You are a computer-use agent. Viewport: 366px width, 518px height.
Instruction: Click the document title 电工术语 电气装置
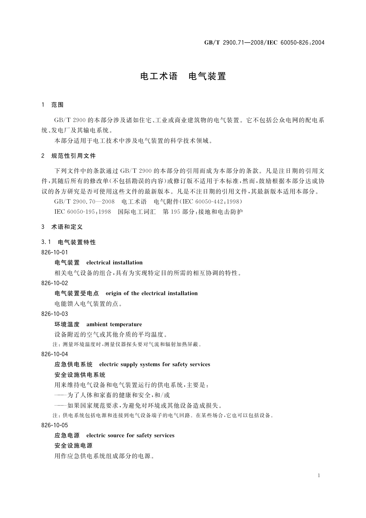(183, 76)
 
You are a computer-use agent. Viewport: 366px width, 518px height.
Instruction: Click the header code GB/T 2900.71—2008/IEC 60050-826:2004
(264, 42)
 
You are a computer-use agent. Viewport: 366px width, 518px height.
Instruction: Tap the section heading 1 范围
(52, 105)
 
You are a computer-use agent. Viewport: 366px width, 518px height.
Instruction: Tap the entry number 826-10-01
(54, 253)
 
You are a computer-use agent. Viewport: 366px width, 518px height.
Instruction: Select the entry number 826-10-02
(54, 283)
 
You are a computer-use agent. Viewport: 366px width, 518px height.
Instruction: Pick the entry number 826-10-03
(54, 314)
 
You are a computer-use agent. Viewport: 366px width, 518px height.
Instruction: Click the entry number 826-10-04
(54, 354)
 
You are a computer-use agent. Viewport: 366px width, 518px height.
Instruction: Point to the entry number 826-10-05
(54, 425)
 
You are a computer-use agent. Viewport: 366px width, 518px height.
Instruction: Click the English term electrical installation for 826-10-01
(114, 263)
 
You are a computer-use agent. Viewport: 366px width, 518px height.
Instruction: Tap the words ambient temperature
(114, 324)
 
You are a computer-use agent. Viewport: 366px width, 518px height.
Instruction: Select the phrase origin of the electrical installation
(152, 293)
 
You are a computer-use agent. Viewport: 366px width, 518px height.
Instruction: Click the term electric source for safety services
(130, 435)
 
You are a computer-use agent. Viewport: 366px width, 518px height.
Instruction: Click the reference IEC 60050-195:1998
(83, 212)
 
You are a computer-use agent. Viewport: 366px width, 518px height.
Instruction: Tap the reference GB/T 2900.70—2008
(84, 202)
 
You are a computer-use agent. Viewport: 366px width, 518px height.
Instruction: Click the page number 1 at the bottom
(319, 476)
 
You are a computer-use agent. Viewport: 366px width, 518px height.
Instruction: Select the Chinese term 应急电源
(67, 435)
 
